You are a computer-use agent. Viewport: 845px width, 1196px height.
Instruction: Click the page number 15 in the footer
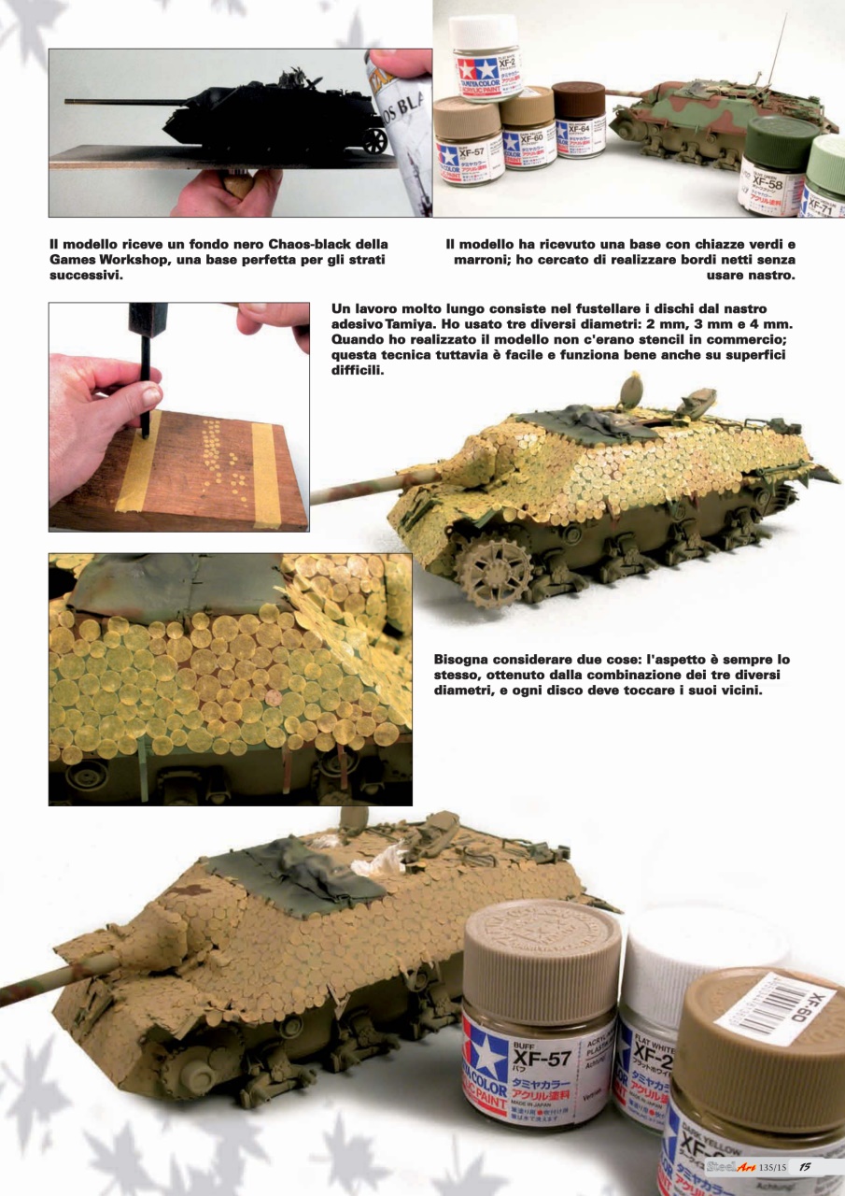(x=804, y=1165)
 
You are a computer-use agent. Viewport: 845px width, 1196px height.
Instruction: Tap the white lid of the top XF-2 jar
(x=484, y=33)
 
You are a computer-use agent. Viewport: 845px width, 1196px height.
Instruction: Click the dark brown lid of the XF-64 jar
(x=578, y=98)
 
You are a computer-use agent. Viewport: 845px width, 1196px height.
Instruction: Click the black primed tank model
(x=271, y=119)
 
